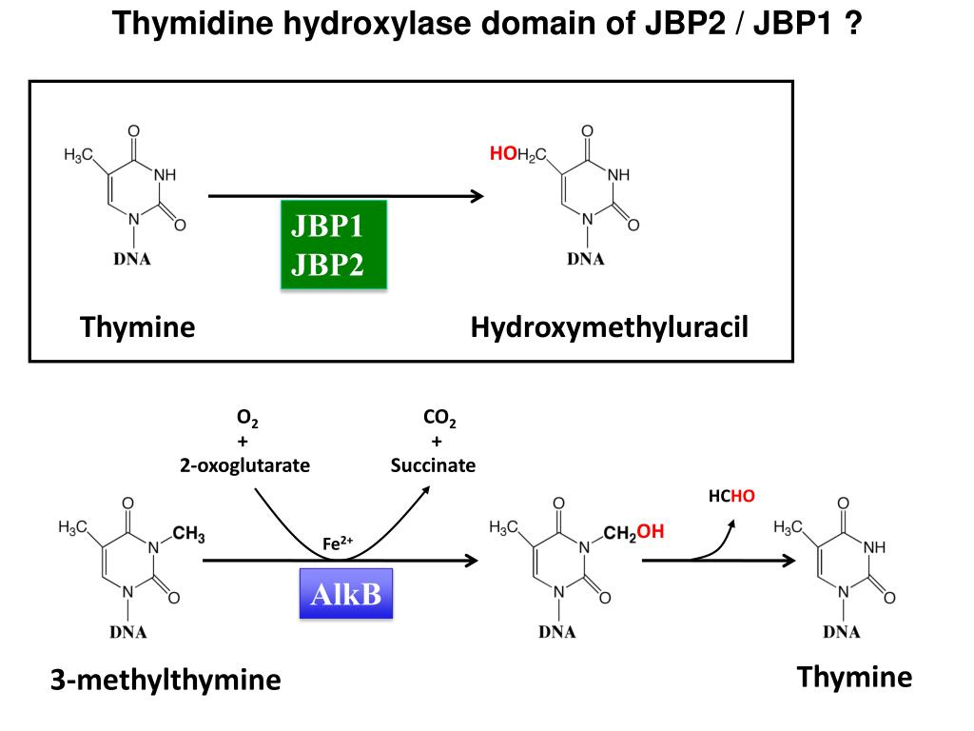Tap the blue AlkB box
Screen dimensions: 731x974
click(x=346, y=594)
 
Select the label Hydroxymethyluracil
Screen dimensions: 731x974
click(x=610, y=327)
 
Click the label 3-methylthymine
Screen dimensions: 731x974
click(x=166, y=680)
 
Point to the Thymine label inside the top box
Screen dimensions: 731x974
click(x=138, y=327)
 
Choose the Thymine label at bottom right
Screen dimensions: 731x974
click(x=854, y=677)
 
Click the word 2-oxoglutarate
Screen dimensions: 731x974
click(x=245, y=465)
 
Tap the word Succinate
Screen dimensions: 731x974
click(x=433, y=465)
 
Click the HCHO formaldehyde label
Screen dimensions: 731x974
click(x=731, y=495)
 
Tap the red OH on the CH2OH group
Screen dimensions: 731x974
click(x=651, y=532)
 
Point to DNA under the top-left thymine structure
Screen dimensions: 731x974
click(x=132, y=261)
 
